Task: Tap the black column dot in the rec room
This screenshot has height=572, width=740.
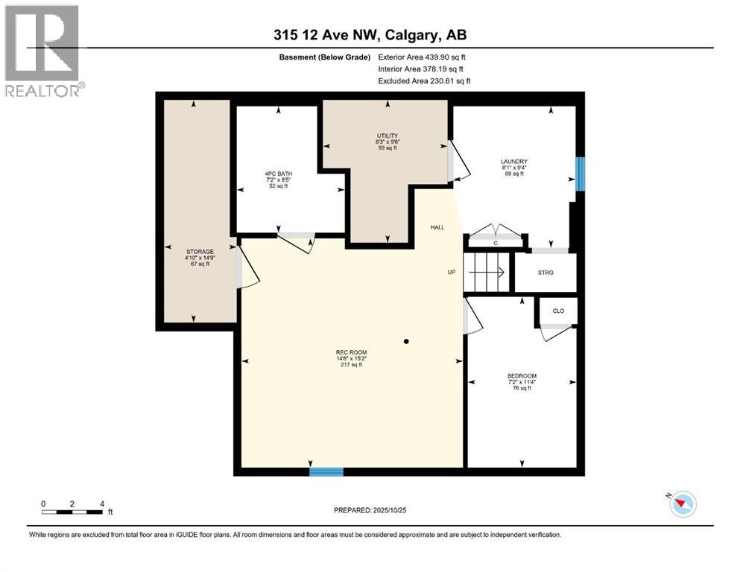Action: (x=406, y=342)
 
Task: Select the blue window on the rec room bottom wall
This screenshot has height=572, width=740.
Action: (x=326, y=471)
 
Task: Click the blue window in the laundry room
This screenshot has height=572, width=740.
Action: (x=580, y=174)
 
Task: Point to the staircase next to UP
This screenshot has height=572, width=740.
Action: (x=485, y=272)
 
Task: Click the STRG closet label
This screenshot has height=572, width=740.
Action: (x=545, y=273)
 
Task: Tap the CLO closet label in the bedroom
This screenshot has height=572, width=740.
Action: (x=557, y=311)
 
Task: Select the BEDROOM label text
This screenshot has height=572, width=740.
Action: (x=522, y=376)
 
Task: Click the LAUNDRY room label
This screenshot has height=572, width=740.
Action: (x=514, y=162)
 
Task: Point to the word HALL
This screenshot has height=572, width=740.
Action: (x=437, y=227)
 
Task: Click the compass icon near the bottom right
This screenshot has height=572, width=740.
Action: (x=682, y=504)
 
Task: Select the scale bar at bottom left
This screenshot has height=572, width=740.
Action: (x=72, y=511)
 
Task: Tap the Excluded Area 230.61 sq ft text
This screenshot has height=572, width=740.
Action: (x=424, y=80)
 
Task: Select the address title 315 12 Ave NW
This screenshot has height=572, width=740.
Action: (x=370, y=35)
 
